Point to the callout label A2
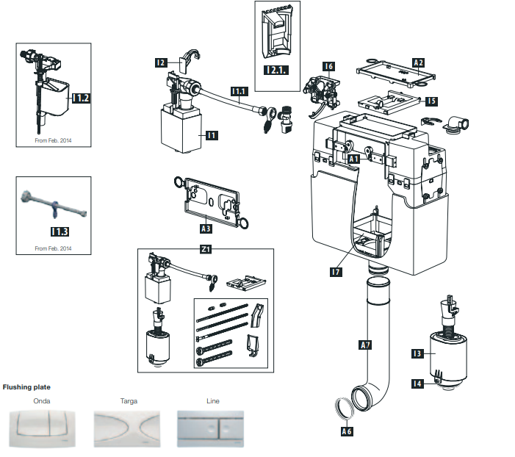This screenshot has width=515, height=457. click(x=418, y=63)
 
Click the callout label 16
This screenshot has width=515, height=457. click(x=328, y=67)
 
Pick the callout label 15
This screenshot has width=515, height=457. click(x=431, y=101)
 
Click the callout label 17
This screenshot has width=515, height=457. click(x=335, y=272)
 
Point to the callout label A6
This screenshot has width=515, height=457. click(x=347, y=431)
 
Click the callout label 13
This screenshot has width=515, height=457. click(x=417, y=353)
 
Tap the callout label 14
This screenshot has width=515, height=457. click(x=417, y=382)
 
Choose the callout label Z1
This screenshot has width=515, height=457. click(x=206, y=249)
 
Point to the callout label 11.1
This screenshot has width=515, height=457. click(x=239, y=92)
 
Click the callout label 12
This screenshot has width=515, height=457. click(x=161, y=63)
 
